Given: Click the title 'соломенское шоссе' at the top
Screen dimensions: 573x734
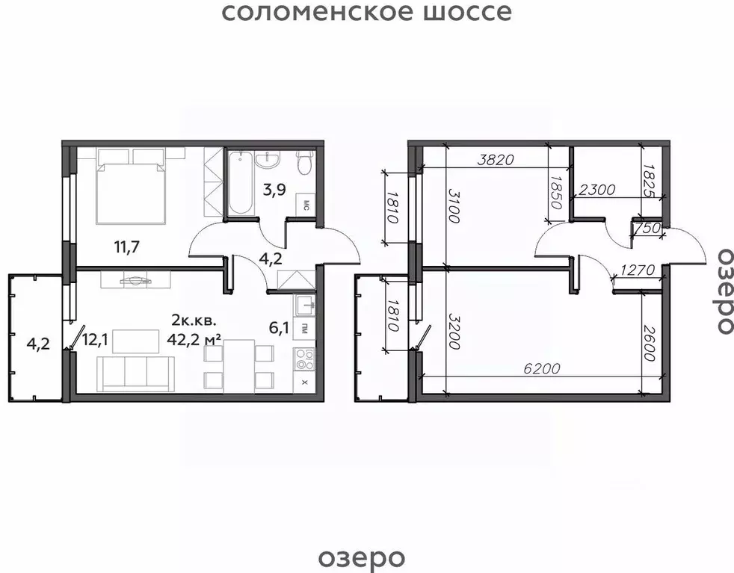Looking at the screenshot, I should [366, 13].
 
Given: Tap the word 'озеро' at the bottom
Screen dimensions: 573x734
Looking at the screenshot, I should [362, 557].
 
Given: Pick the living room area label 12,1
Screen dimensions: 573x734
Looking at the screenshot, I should [95, 340].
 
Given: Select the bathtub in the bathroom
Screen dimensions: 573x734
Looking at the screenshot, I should [240, 183].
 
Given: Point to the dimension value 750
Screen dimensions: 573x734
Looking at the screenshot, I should [648, 229].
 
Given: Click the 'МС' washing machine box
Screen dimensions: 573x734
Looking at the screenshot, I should [306, 204].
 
